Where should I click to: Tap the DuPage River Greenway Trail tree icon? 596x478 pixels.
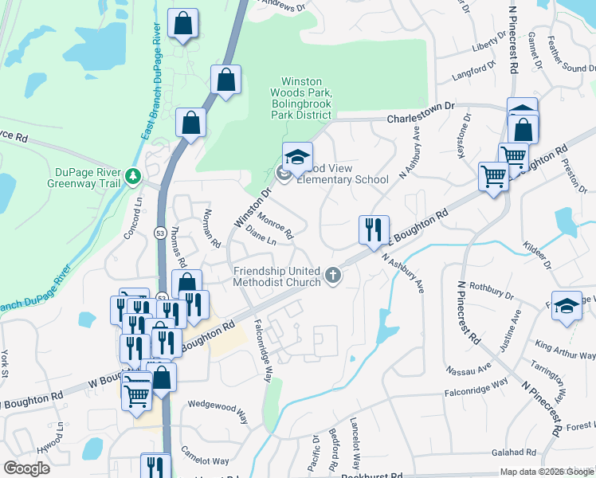tap(134, 174)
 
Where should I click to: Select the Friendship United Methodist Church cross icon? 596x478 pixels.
tap(333, 276)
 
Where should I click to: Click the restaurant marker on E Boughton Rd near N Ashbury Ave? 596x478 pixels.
tap(374, 229)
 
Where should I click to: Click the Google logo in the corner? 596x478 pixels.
tap(27, 468)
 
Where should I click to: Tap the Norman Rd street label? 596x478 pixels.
tap(211, 225)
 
